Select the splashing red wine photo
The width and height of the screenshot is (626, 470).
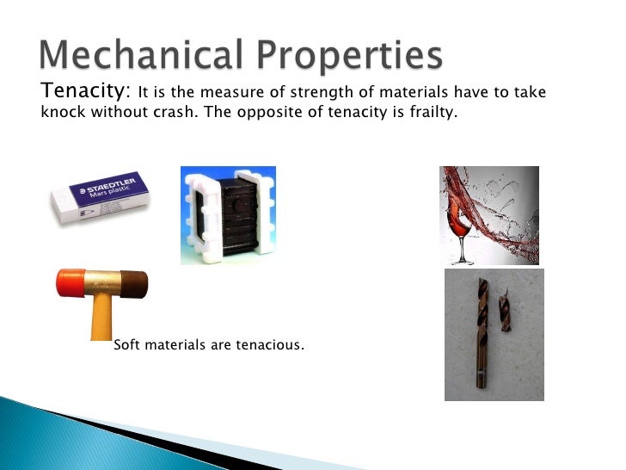[490, 215]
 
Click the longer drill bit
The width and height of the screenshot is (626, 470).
[478, 336]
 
